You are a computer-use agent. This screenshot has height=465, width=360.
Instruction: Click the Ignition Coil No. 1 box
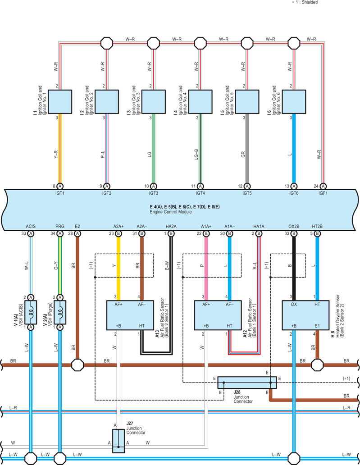pyautogui.click(x=60, y=102)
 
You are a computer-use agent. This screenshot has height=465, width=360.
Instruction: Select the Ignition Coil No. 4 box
pyautogui.click(x=201, y=102)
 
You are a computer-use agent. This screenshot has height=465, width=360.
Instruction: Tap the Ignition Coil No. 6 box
pyautogui.click(x=294, y=102)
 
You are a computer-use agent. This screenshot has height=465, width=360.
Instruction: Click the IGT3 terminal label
pyautogui.click(x=154, y=193)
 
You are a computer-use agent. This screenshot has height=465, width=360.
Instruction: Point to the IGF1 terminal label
pyautogui.click(x=323, y=193)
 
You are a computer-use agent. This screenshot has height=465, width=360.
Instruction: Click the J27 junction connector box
pyautogui.click(x=118, y=441)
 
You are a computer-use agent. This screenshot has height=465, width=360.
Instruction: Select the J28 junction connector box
pyautogui.click(x=247, y=383)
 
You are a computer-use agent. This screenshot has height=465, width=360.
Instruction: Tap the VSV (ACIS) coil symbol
pyautogui.click(x=31, y=312)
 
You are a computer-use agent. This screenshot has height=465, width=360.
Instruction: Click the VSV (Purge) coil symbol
pyautogui.click(x=60, y=312)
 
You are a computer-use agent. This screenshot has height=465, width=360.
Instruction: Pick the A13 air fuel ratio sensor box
pyautogui.click(x=130, y=315)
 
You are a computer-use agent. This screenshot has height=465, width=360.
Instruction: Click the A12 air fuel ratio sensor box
pyautogui.click(x=218, y=315)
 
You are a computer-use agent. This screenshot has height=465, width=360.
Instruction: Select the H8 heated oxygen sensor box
pyautogui.click(x=305, y=315)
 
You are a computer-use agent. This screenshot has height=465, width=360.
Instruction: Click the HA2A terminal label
pyautogui.click(x=171, y=227)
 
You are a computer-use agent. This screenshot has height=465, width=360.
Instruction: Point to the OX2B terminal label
pyautogui.click(x=294, y=227)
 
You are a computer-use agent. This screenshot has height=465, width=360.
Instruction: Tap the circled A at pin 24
pyautogui.click(x=323, y=186)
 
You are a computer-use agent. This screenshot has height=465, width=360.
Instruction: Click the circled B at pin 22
pyautogui.click(x=206, y=234)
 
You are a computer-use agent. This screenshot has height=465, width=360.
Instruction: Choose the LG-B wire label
pyautogui.click(x=196, y=154)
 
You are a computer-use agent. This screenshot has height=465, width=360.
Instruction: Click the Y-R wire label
pyautogui.click(x=56, y=154)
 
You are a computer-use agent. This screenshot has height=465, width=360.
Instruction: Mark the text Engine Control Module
pyautogui.click(x=171, y=212)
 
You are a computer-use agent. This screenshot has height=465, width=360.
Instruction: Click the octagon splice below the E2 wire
pyautogui.click(x=77, y=365)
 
